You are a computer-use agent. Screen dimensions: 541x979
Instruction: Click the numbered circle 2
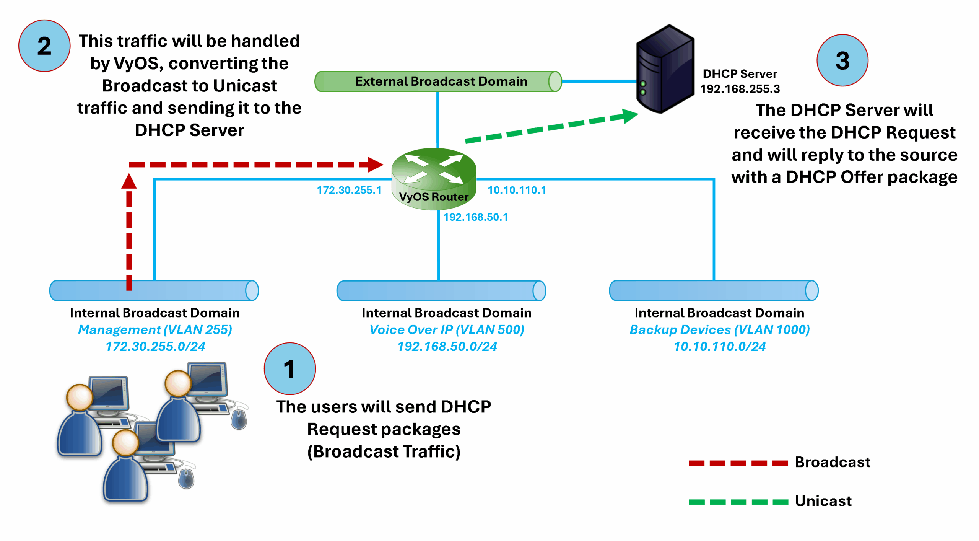44,46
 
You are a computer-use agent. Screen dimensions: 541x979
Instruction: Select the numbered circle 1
289,368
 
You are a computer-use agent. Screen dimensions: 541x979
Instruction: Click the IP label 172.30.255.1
349,190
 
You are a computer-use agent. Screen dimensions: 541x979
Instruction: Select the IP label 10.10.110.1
517,190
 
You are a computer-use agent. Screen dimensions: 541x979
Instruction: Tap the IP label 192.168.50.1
475,217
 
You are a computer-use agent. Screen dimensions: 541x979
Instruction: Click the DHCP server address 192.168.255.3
739,89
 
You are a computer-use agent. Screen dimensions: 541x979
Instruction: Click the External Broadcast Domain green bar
438,81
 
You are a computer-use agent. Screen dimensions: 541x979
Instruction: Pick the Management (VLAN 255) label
155,329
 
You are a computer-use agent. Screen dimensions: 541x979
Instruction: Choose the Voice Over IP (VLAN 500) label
446,329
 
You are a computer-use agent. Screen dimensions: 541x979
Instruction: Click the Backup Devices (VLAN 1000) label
719,329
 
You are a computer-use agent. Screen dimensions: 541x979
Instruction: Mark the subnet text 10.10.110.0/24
719,346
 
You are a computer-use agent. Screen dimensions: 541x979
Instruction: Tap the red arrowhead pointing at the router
375,165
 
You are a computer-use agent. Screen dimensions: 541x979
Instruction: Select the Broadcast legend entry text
832,462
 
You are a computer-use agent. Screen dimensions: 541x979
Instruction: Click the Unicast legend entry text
823,501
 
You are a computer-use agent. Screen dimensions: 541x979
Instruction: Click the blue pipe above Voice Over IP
441,291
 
